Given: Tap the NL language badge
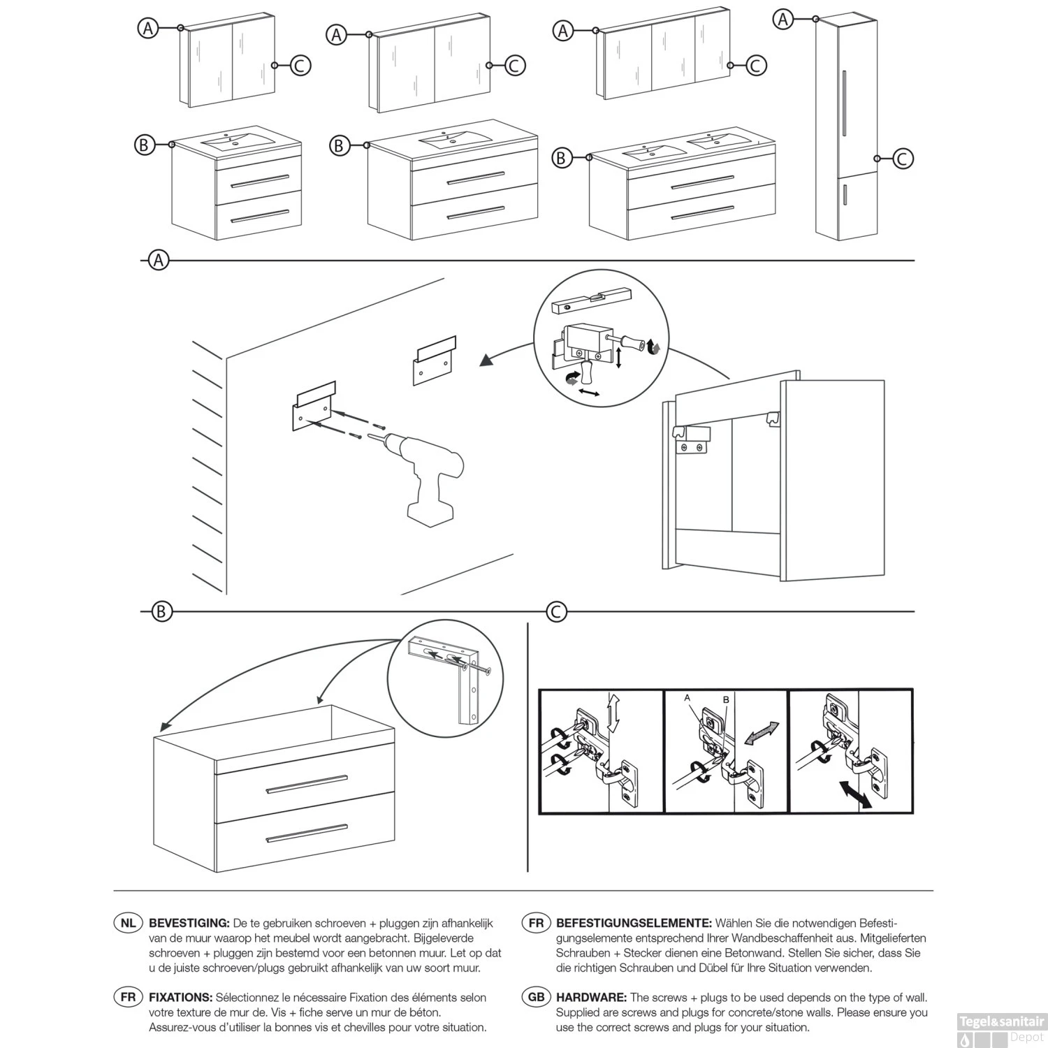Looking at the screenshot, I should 128,923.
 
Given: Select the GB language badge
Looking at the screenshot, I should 536,997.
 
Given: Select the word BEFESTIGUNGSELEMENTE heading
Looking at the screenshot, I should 634,923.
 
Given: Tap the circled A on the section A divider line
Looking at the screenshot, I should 159,261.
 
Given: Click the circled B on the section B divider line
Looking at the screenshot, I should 161,612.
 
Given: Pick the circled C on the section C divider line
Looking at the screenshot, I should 557,612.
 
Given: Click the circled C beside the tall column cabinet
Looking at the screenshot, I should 902,159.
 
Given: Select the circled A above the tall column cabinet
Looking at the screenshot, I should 784,20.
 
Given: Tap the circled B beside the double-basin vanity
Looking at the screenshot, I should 561,158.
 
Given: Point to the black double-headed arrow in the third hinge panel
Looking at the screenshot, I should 856,795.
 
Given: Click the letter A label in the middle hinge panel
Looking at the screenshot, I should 687,698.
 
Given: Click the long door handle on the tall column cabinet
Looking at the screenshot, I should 845,103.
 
